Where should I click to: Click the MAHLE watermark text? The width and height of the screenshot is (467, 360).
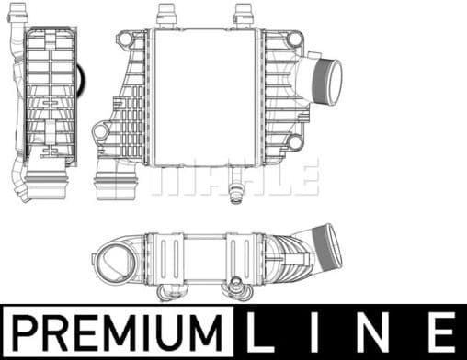pyautogui.click(x=235, y=175)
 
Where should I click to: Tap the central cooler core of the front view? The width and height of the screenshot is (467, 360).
pyautogui.click(x=202, y=96)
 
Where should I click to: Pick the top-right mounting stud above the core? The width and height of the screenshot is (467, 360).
pyautogui.click(x=244, y=16)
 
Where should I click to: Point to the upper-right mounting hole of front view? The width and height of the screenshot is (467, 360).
pyautogui.click(x=294, y=39)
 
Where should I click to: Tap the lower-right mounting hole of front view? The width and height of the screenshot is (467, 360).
pyautogui.click(x=294, y=143)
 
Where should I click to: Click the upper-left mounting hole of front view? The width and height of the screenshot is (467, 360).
pyautogui.click(x=125, y=39)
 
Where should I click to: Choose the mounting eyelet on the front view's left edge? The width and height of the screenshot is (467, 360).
pyautogui.click(x=100, y=133)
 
